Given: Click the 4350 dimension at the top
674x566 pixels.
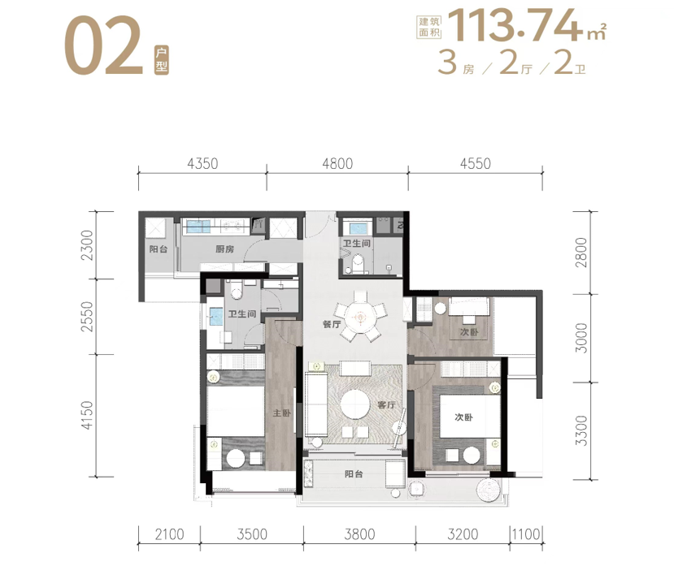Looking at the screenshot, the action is tap(202, 163).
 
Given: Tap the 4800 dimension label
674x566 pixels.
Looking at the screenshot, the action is tap(337, 163).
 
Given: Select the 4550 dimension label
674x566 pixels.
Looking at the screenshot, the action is tap(475, 163).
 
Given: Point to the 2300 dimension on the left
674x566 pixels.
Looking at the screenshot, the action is tap(87, 244).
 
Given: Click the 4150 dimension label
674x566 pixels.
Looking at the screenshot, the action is tap(87, 415).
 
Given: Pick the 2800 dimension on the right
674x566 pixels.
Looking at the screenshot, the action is tap(581, 252).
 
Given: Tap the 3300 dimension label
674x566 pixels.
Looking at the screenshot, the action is tap(581, 430).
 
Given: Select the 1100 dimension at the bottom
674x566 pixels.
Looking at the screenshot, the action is tap(526, 534).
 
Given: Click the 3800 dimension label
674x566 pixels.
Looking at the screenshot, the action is tap(360, 534).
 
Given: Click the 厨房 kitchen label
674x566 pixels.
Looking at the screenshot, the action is tap(225, 249).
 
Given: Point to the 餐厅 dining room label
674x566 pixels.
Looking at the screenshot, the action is tap(332, 324).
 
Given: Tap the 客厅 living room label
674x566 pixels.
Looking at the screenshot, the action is tap(386, 405).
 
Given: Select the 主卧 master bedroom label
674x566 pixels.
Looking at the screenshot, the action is tap(281, 413).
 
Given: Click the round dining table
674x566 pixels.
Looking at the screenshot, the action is tap(360, 317).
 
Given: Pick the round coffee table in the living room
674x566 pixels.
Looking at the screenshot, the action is tap(355, 404).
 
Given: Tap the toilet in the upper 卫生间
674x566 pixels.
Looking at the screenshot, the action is tap(357, 265).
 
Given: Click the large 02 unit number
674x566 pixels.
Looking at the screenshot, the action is tap(103, 46).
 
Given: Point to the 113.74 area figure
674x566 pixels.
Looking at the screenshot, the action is tap(514, 25).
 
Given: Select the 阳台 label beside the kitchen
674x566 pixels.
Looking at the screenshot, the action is tap(159, 249).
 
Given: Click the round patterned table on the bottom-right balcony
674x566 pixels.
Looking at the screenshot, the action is tap(489, 490).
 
